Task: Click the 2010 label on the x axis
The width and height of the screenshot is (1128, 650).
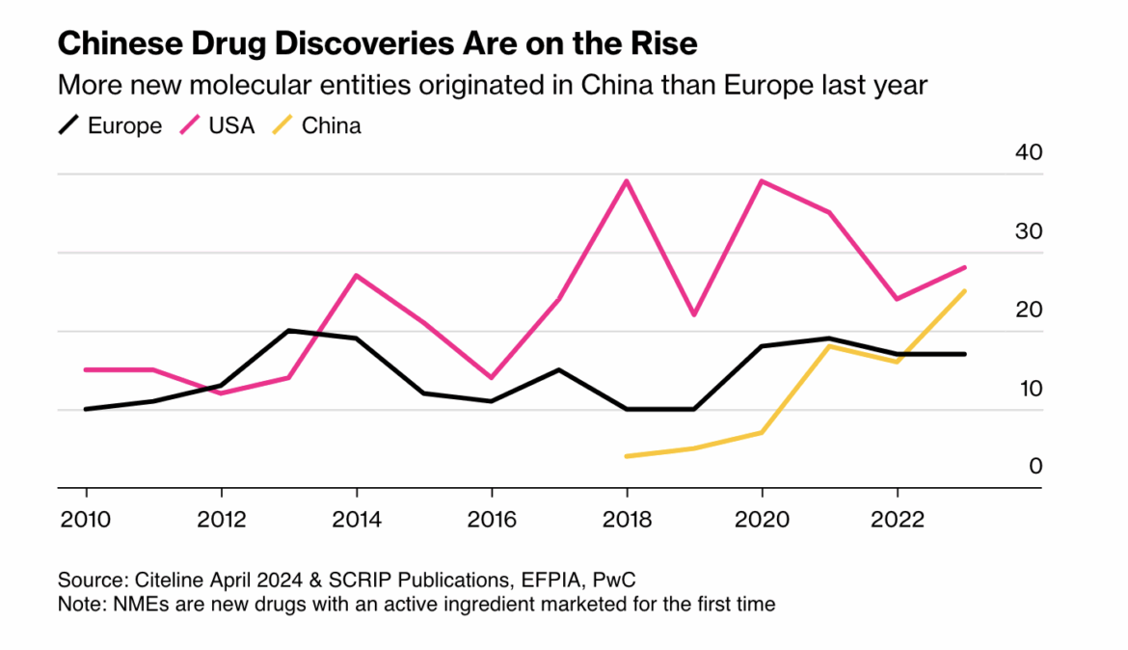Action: click(86, 520)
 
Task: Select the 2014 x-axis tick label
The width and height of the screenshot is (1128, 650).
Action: click(357, 520)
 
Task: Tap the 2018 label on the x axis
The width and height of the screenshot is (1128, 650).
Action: click(627, 520)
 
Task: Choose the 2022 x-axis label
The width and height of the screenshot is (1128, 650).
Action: click(898, 520)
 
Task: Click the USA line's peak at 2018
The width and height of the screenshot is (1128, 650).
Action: click(627, 180)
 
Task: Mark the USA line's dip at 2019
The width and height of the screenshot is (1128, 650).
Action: click(694, 314)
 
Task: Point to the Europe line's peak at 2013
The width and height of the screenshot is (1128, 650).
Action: click(288, 331)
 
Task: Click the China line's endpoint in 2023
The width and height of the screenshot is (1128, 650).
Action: click(965, 290)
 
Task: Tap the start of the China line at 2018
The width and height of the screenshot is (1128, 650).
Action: click(627, 456)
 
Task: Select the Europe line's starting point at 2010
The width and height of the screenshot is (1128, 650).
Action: click(86, 409)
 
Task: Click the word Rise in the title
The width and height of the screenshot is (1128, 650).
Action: click(664, 44)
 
